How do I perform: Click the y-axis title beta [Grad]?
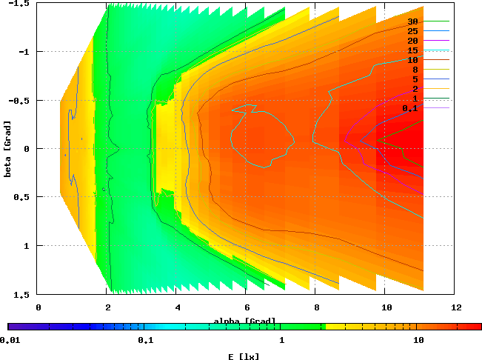click(7, 148)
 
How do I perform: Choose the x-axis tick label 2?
click(108, 307)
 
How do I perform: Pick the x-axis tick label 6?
click(247, 307)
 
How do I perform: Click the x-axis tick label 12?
click(456, 307)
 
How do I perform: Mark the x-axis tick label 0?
click(39, 307)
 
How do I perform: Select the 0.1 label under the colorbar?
click(145, 340)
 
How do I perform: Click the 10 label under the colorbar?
click(418, 340)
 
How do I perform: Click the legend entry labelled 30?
click(412, 22)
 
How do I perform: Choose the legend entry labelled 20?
click(412, 41)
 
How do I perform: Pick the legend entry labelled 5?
click(415, 79)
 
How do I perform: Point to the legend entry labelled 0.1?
click(410, 108)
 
